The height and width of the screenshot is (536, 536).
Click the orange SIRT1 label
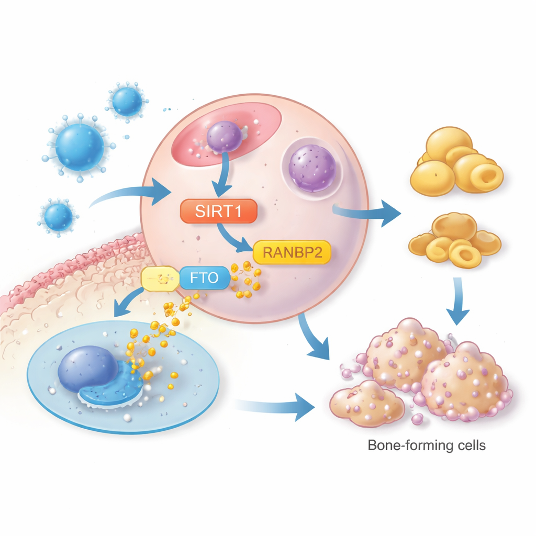pyautogui.click(x=218, y=212)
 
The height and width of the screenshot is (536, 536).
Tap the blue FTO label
pyautogui.click(x=205, y=277)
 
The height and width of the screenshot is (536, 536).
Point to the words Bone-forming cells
pyautogui.click(x=427, y=446)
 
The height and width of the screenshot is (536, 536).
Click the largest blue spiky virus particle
pyautogui.click(x=80, y=147)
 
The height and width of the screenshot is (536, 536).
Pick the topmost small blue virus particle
pyautogui.click(x=127, y=101)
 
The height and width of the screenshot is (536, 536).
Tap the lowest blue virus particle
pyautogui.click(x=58, y=217)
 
